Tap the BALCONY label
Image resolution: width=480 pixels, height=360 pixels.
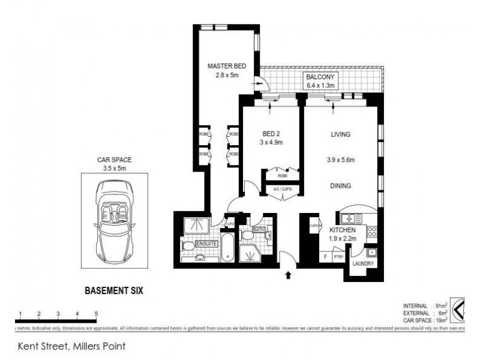(321, 77)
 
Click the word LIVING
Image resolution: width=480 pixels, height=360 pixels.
(340, 134)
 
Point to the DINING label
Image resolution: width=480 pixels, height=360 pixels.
(340, 187)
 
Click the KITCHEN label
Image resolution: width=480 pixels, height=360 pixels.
(343, 230)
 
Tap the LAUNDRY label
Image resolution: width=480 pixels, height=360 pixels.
(364, 263)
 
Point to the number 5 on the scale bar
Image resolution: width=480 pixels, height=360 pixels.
(96, 313)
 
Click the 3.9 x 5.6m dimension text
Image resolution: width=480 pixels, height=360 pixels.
(340, 160)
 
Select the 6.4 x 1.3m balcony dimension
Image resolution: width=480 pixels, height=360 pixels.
(321, 86)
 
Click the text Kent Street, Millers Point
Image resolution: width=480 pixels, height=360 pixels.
(71, 346)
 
